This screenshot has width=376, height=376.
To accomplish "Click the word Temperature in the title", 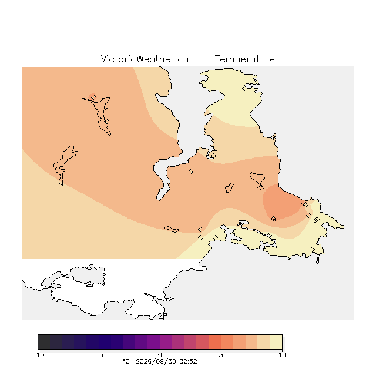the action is [244, 59].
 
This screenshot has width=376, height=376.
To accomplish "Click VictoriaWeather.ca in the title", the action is [145, 59].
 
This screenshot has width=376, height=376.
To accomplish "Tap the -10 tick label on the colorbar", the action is [38, 355].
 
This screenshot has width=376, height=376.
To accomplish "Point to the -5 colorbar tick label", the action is [99, 355].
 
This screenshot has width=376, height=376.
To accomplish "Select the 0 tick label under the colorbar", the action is [160, 355].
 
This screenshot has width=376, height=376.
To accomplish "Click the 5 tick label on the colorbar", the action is [221, 355].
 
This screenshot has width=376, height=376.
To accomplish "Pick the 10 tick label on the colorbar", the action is [282, 355].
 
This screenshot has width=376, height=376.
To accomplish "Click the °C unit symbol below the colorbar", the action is [126, 361].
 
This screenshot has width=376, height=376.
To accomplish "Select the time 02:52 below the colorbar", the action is [188, 361].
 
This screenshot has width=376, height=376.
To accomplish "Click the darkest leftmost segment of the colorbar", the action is [44, 342].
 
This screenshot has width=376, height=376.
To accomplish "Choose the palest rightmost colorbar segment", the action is [276, 342].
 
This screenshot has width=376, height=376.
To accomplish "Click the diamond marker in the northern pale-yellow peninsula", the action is [244, 89].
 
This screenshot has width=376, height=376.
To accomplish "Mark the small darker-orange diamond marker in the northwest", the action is [94, 97].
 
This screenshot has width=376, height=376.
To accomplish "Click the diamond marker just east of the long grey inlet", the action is [190, 172].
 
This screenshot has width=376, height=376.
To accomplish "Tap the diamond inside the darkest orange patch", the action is [273, 219].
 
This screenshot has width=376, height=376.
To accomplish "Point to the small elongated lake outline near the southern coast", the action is [172, 229].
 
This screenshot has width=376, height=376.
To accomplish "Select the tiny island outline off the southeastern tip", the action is [318, 261].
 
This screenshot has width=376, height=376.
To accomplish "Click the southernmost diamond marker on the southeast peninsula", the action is [312, 250].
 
